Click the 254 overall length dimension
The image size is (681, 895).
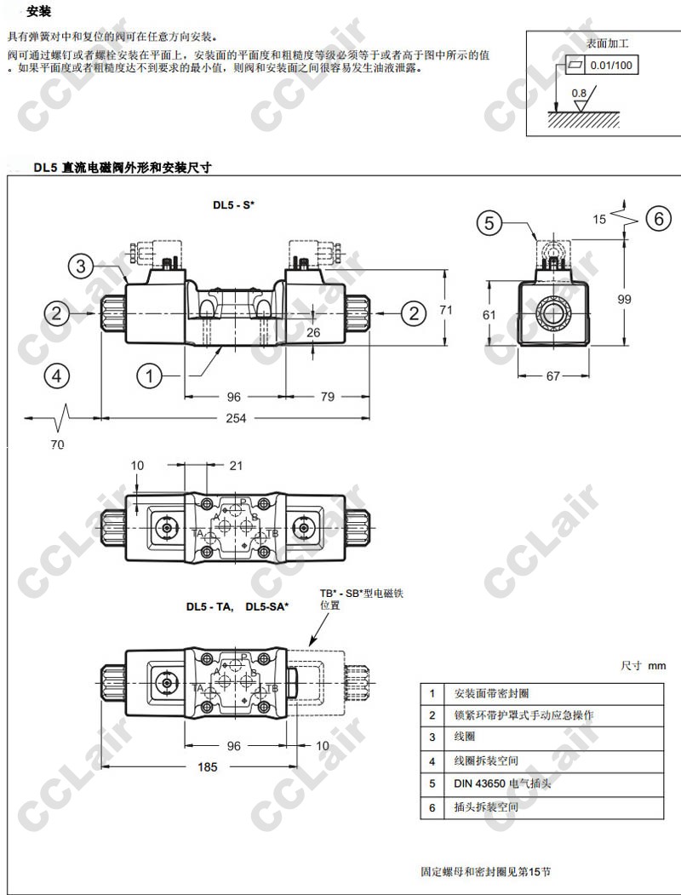pos(236,418)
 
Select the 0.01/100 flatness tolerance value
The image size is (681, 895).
pos(611,65)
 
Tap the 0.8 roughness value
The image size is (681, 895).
pos(578,93)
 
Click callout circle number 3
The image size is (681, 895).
pos(81,266)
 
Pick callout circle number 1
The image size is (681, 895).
pos(150,376)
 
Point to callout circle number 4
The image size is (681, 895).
pos(56,376)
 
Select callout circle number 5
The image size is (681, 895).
pos(489,222)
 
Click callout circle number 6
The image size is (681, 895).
pos(659,218)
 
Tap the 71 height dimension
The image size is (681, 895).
pos(445,309)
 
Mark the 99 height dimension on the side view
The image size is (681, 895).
pos(625,299)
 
